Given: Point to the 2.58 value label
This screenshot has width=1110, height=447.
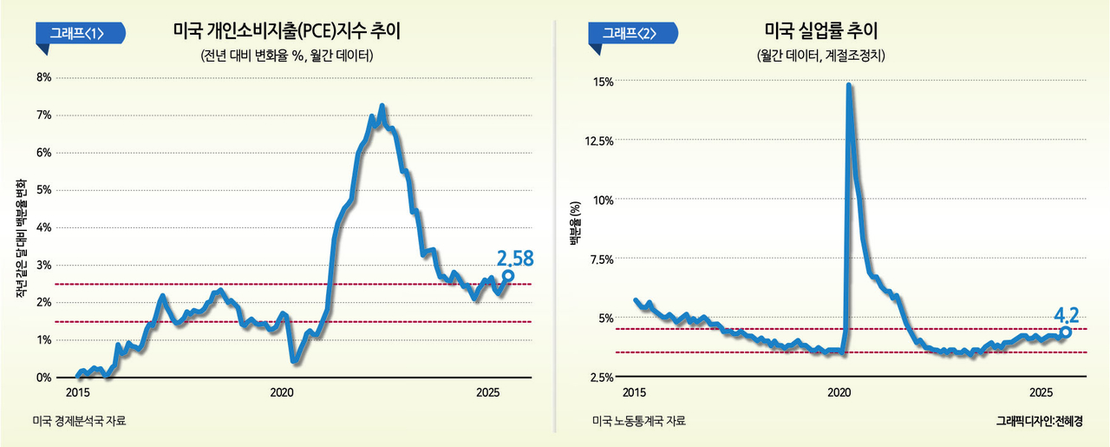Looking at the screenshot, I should coord(515,258).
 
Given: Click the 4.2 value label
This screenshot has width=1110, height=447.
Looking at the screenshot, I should coord(1067,313).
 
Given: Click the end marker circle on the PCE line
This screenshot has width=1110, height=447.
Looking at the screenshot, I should coord(508,275).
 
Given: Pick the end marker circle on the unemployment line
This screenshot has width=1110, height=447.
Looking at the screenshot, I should coord(1066,332).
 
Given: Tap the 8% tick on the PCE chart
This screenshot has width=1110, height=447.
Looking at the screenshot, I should coord(42,77).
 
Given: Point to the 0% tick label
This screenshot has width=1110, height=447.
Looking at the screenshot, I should coord(42,378).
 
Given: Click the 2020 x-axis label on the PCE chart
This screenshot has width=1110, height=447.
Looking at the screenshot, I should coord(282,392).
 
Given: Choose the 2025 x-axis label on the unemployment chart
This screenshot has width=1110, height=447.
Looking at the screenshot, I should coord(1041,392).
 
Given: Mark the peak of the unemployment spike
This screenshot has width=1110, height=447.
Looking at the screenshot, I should coord(848,85).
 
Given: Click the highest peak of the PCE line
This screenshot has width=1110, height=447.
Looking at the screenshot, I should coord(382,107).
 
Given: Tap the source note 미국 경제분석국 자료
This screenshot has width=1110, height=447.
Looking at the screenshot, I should coord(79,422).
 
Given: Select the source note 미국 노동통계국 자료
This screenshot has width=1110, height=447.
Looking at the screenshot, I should coord(639,422).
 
